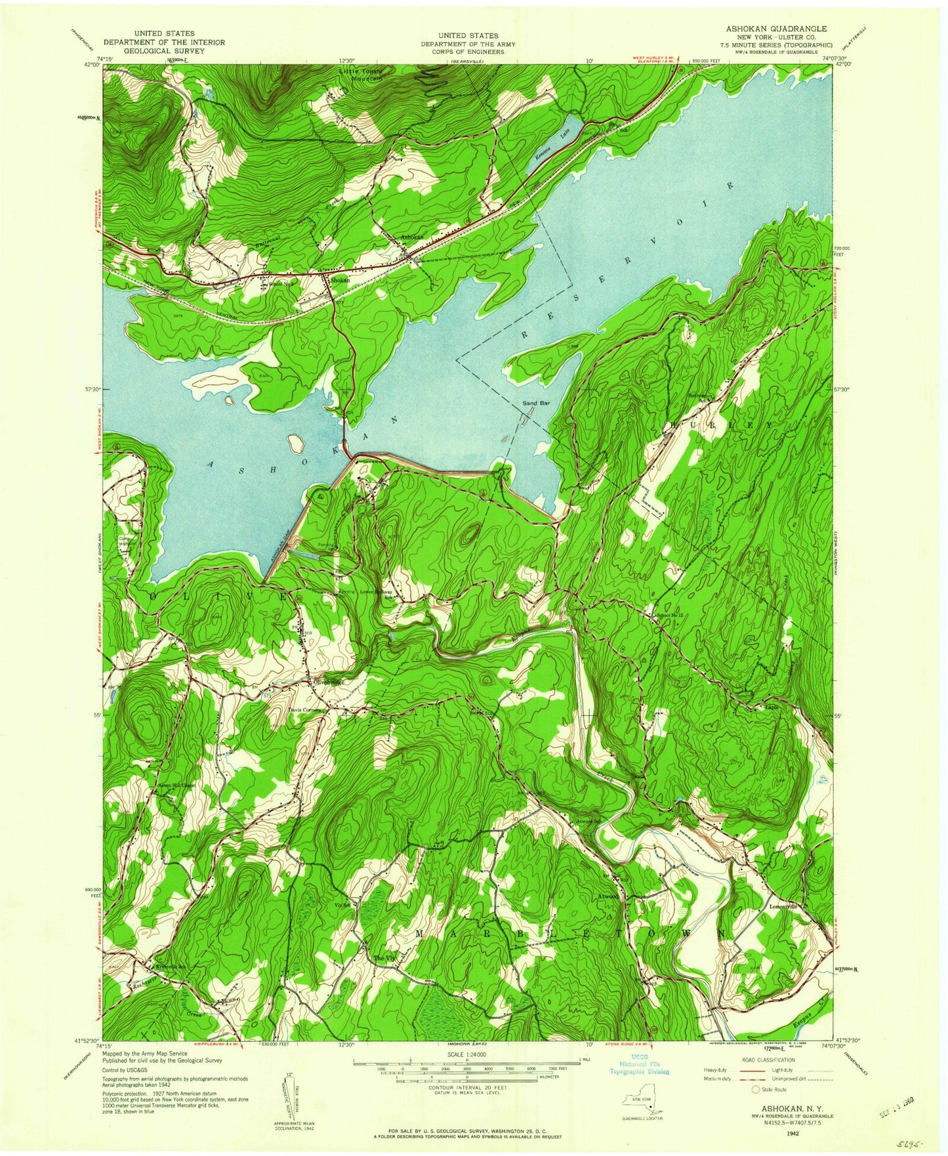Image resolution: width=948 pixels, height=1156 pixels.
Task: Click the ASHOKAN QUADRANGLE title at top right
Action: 775,29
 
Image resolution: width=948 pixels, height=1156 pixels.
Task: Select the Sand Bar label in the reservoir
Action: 535,403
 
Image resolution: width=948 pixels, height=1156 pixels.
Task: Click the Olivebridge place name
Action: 329,683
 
